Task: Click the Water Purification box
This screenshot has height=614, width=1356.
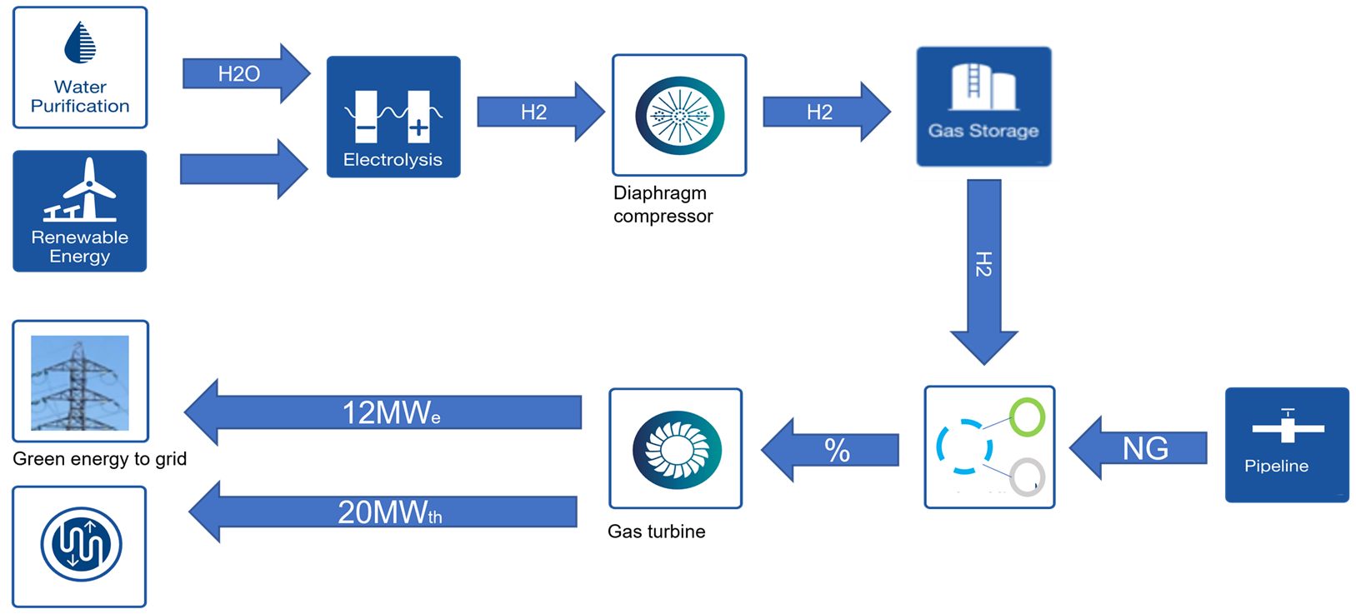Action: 80,67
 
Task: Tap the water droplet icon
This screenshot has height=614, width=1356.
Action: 80,42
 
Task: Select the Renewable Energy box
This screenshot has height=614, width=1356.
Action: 80,211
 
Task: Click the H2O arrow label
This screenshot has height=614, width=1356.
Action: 239,74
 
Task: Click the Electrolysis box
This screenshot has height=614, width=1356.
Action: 393,117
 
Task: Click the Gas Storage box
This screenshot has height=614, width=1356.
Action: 984,108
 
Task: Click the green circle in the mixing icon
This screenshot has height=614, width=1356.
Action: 1027,417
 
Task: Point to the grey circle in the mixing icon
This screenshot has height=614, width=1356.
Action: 1027,477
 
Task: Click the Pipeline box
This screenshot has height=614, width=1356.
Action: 1287,445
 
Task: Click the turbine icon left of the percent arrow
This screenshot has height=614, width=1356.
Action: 676,449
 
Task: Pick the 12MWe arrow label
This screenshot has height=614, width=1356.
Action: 391,412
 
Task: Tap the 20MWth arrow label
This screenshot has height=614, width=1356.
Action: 389,512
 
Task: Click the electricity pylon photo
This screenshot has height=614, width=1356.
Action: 80,382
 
